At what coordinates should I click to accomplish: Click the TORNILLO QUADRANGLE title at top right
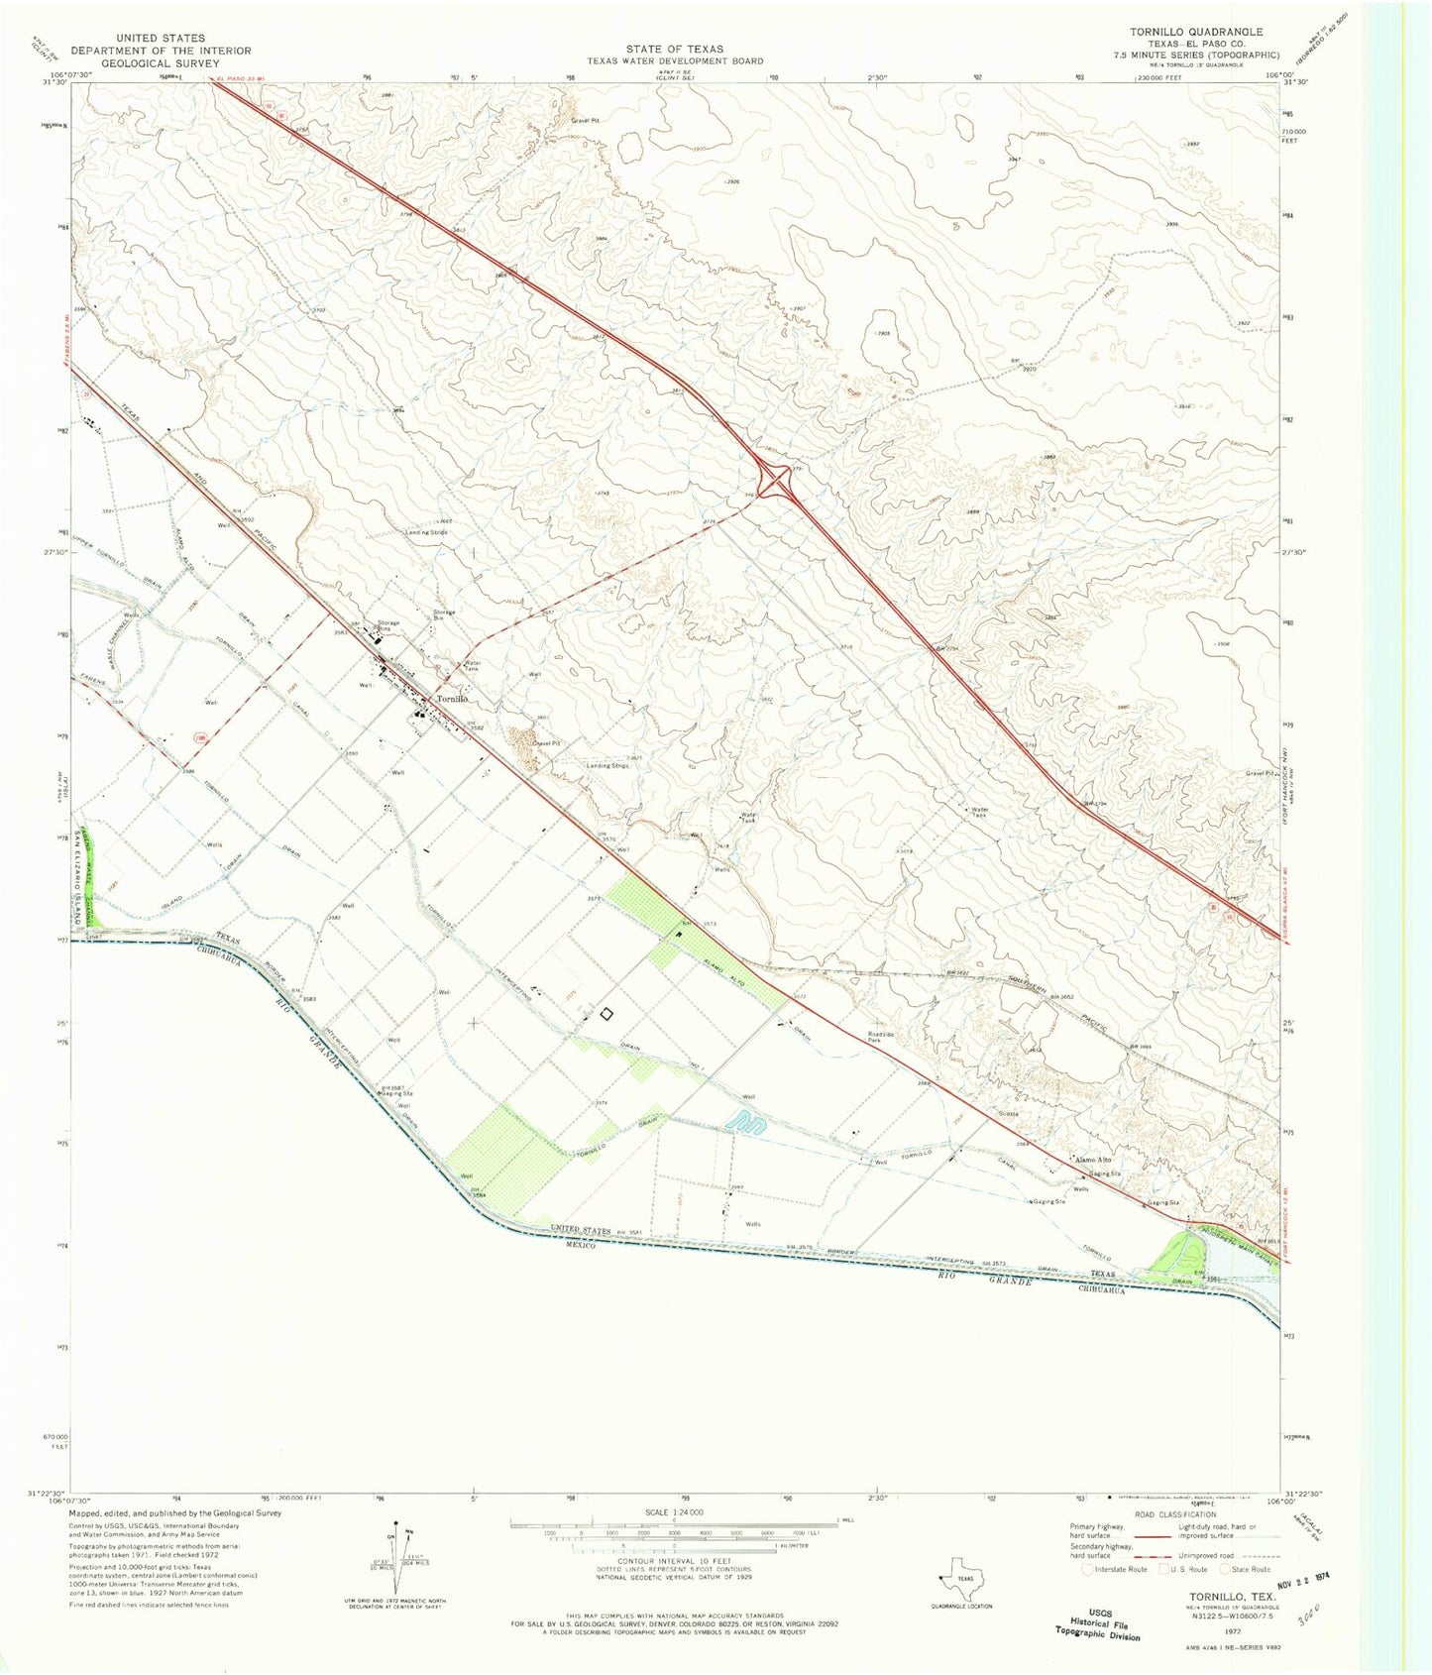click(1196, 32)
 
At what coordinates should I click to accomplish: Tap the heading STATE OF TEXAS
click(674, 48)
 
